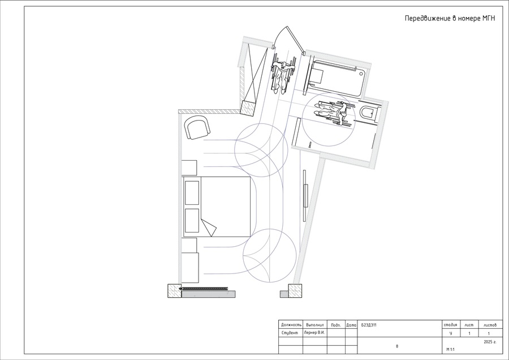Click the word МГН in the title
coord(488,18)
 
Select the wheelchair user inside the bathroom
coord(333,113)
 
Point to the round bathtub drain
coord(361,74)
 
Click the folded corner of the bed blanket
coord(209,228)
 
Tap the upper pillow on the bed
coord(192,193)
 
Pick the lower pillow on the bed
coord(192,221)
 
